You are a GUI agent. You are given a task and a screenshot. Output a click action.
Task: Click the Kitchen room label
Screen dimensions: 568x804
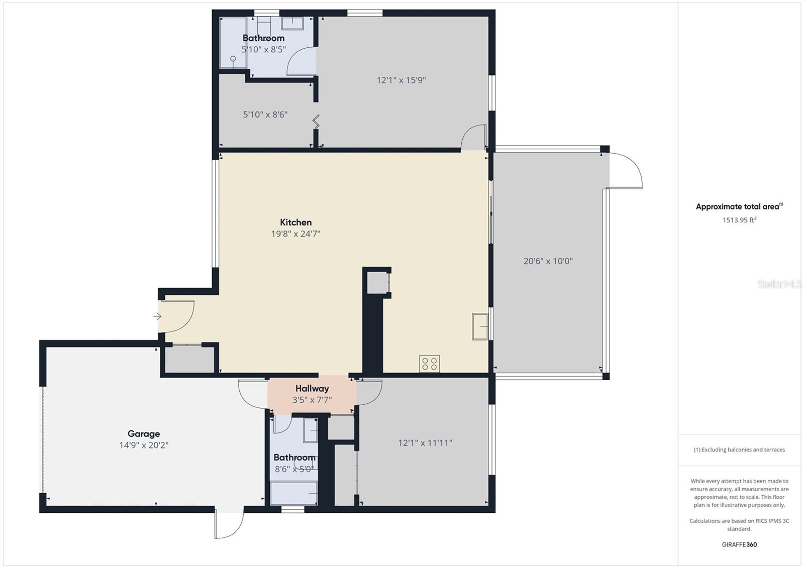pos(295,222)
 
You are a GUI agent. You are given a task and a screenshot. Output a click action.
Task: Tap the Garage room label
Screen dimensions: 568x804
pos(144,434)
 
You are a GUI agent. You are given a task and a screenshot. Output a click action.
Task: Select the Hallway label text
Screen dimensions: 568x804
pos(312,389)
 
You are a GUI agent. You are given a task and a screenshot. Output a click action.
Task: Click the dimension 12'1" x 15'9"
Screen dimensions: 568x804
pos(401,80)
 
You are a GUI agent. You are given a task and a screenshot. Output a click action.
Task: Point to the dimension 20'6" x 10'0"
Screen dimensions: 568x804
pos(548,261)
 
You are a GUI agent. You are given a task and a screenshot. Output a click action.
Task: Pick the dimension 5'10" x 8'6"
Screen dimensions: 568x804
pos(265,115)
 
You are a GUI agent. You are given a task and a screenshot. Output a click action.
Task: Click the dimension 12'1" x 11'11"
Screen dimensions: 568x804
pos(425,443)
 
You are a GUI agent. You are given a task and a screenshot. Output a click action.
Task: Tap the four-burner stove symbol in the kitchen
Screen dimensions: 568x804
pos(429,364)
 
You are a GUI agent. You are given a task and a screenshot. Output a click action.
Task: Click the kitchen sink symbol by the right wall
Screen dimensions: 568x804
pos(480,326)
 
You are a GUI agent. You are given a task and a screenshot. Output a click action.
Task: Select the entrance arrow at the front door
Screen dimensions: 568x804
pos(157,316)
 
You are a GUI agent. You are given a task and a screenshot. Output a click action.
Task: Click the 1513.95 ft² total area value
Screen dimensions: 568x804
pos(739,220)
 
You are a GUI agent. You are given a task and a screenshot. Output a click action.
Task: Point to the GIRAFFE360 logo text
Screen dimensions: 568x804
pos(739,544)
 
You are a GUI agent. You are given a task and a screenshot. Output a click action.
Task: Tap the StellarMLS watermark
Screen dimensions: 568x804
pos(779,284)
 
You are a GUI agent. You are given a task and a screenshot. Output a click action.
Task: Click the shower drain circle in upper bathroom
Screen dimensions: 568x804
pos(233,59)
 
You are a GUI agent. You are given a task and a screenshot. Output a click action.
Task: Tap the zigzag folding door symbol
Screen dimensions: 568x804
pos(316,121)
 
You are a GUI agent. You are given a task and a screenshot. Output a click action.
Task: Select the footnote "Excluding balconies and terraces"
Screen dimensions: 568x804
pos(739,450)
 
